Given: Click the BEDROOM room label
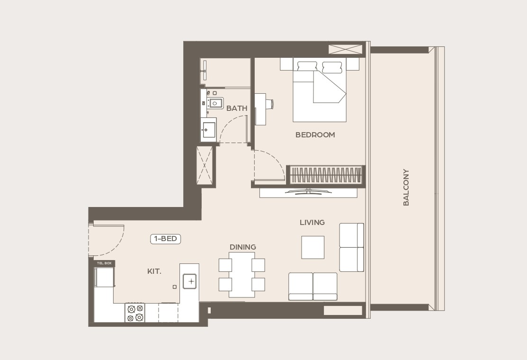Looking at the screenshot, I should tap(315, 135).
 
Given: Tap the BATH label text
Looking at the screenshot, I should tap(237, 108).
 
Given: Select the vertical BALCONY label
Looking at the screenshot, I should tap(406, 187).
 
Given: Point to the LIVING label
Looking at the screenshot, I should tap(312, 222).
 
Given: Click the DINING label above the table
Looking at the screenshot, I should tap(242, 247).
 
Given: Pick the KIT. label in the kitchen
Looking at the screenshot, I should tap(154, 271).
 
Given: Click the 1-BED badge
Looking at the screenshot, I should tap(166, 239).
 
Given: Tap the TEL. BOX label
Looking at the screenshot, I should tap(104, 263).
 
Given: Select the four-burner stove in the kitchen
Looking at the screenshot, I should tap(135, 313).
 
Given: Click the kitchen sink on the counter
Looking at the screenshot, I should tap(190, 281).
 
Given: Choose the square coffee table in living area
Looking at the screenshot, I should tap(313, 247).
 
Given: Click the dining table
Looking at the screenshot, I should tap(241, 275).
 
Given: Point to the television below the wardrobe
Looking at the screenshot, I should tap(308, 192).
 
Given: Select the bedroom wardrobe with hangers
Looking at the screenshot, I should tap(325, 175).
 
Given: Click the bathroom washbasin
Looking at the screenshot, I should tap(208, 130).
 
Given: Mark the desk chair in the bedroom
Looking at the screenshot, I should tap(269, 104).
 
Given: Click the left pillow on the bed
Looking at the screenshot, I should tap(307, 67).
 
